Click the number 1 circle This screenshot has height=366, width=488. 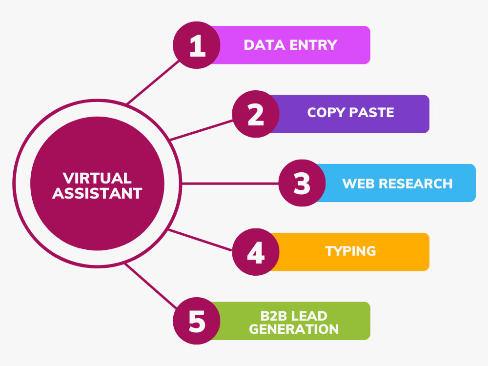point(197,45)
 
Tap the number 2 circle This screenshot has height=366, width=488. point(256,114)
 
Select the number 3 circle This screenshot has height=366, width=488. point(302,183)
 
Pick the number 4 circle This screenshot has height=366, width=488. point(256,252)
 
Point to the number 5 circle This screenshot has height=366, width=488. point(197,321)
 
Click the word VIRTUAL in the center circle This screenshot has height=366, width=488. point(97,178)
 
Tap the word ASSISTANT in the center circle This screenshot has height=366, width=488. point(97,193)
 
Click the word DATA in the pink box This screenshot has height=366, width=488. point(264,45)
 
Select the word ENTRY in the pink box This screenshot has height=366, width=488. point(313,45)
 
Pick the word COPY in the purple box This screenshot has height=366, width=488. point(326,112)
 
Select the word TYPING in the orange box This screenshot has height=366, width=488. point(350,251)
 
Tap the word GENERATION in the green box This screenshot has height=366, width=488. point(294,329)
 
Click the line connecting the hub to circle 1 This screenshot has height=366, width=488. point(153,82)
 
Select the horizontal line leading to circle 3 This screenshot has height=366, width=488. point(230,183)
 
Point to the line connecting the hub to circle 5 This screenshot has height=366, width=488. point(151,286)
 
